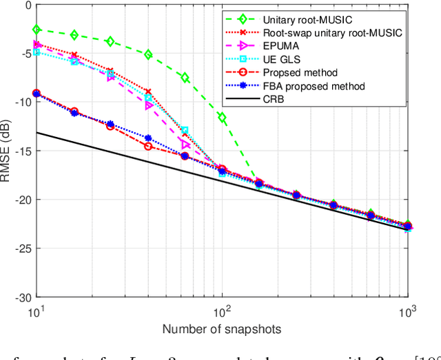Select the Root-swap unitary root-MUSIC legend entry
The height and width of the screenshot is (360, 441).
point(332,32)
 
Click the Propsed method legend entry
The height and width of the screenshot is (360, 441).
point(300,73)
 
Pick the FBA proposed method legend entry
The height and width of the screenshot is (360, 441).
point(314,86)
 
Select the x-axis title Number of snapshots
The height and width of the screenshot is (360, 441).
point(221,329)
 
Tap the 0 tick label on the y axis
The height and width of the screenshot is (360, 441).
point(27,6)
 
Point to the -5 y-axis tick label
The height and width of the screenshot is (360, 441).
point(24,54)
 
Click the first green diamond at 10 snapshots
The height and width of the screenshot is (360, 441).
point(37,30)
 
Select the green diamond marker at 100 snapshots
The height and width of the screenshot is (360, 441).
point(222,118)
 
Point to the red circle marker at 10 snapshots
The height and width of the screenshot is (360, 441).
point(37,94)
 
